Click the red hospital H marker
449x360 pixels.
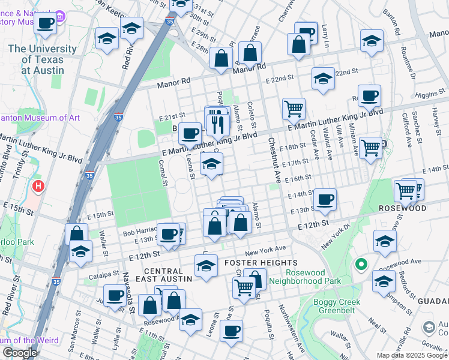point(38,187)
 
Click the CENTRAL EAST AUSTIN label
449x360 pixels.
point(168,275)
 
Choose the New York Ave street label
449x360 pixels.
point(265,248)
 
